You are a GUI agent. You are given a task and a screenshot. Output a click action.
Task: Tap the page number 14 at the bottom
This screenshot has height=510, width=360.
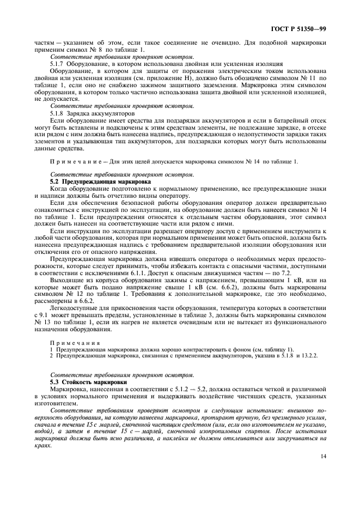(x=323, y=457)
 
